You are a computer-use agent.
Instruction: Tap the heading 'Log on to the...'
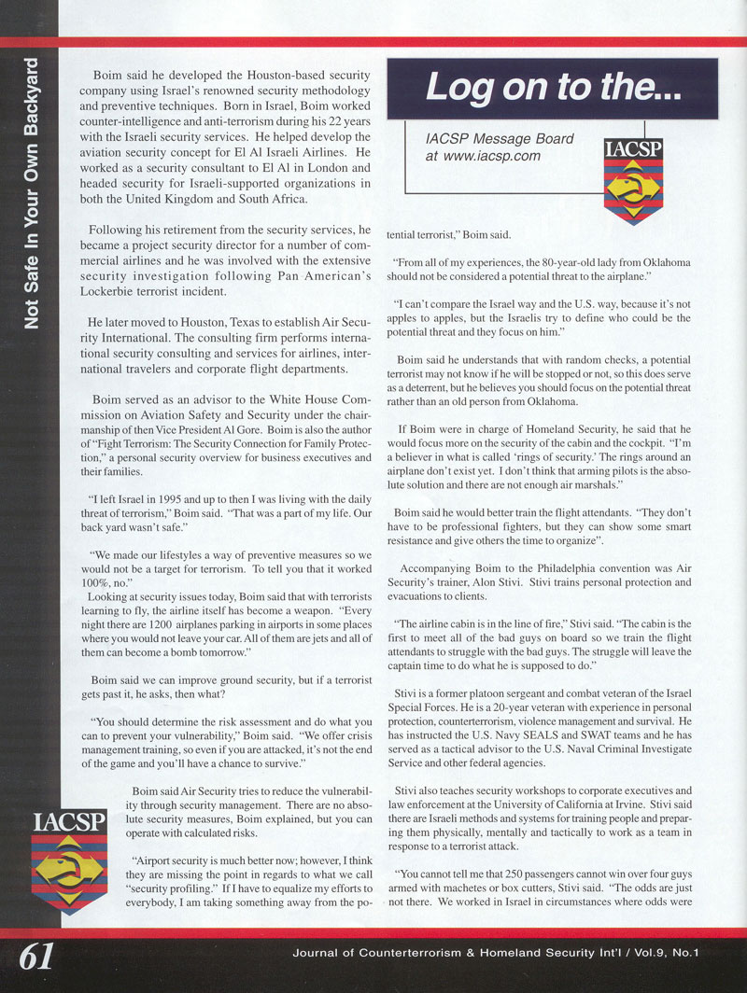point(552,88)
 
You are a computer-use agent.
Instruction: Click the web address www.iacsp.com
point(495,156)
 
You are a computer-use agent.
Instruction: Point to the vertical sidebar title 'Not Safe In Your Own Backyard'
point(32,193)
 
